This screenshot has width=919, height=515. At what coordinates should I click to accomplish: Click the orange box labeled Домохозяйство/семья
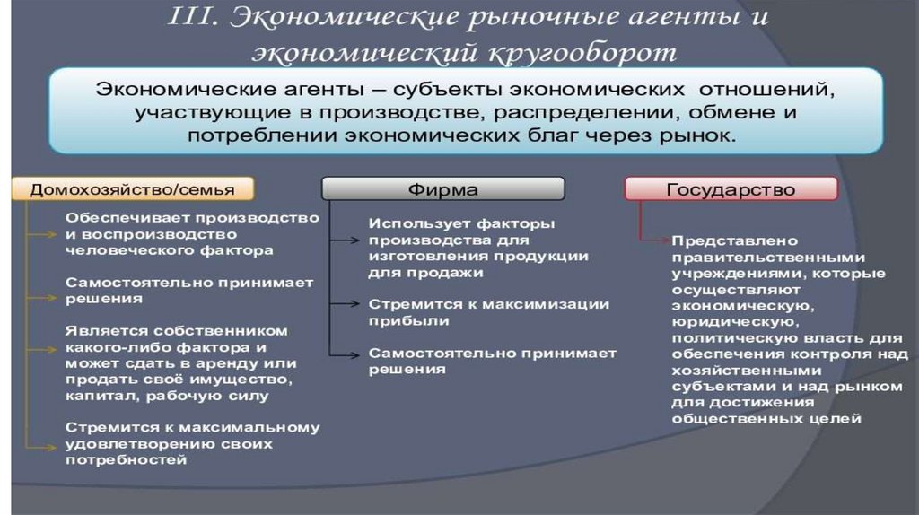[132, 189]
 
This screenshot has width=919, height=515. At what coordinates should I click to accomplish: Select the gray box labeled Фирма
[442, 189]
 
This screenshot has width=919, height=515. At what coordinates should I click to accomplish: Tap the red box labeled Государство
[731, 189]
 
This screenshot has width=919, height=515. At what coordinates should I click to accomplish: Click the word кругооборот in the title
[583, 52]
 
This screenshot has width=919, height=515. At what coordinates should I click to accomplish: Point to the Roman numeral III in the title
[193, 17]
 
